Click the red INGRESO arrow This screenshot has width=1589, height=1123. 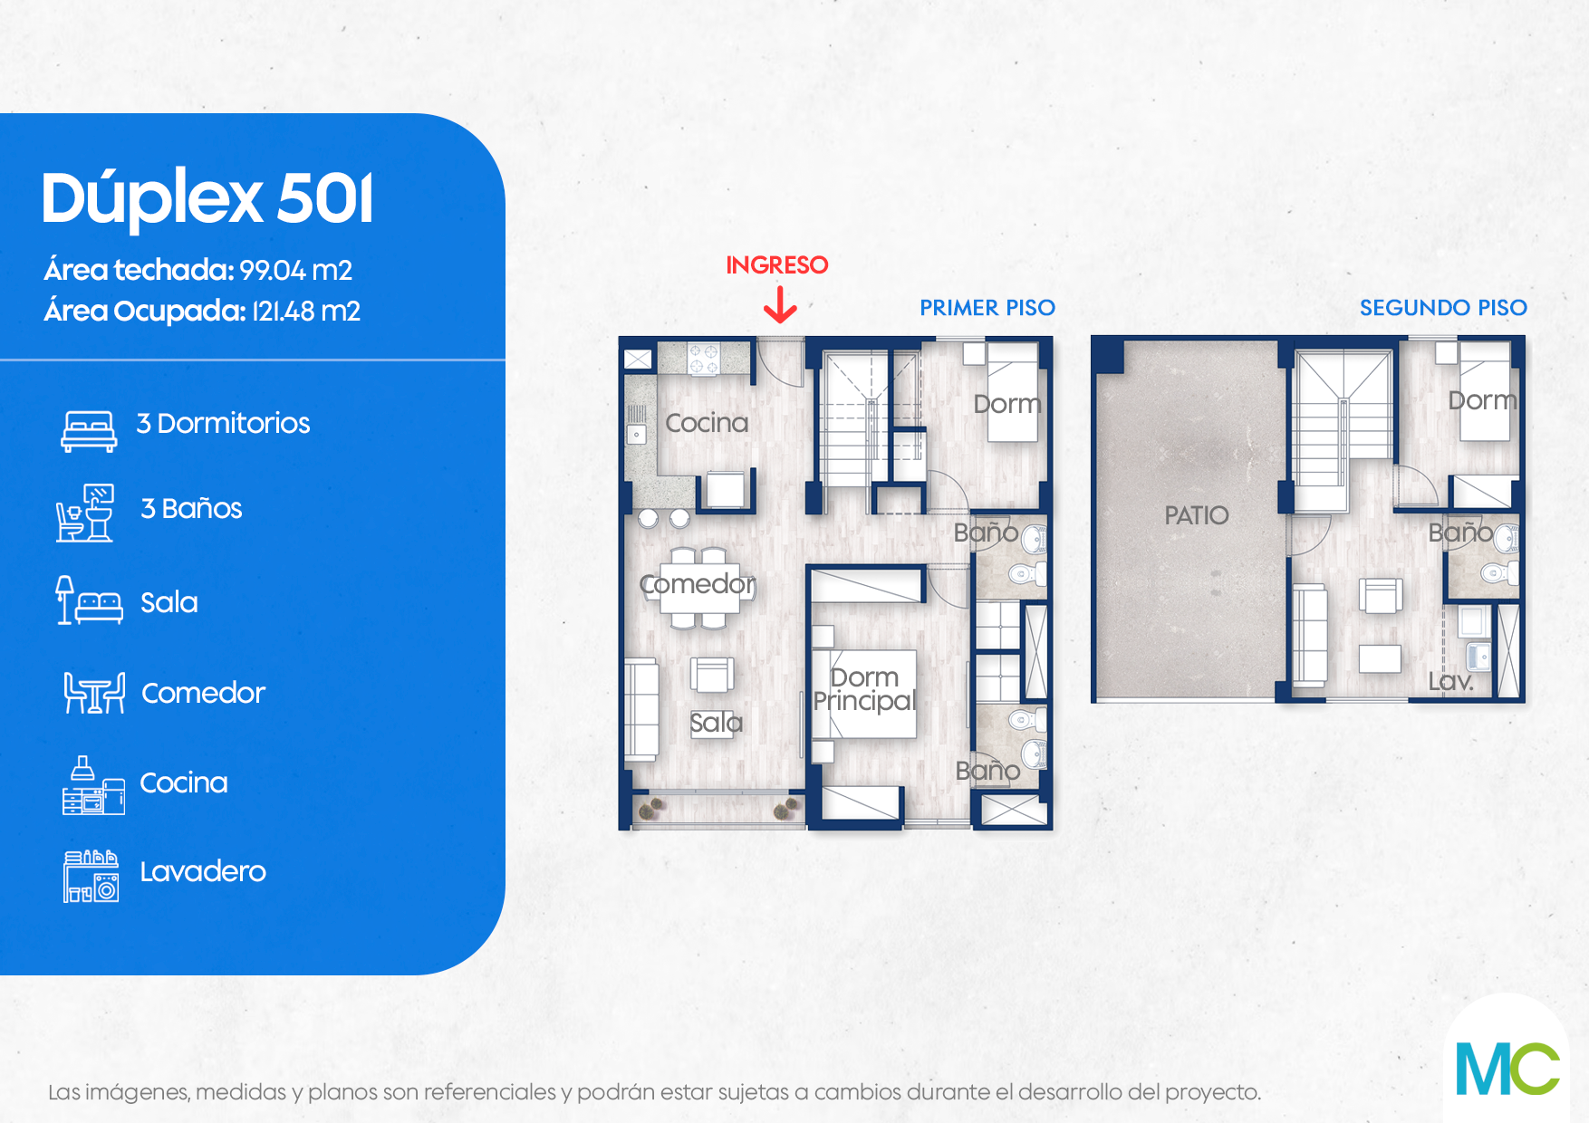(780, 304)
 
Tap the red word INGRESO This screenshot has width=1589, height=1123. (777, 265)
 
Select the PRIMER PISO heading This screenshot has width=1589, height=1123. (987, 308)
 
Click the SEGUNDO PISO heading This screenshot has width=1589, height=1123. (1443, 308)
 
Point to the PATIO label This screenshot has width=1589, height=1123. (1197, 515)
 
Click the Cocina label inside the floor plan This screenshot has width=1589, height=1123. (707, 423)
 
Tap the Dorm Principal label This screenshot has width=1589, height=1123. (864, 690)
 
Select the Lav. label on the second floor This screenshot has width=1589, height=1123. (1451, 681)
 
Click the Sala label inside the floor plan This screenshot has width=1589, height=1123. (717, 723)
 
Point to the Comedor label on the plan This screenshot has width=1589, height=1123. (698, 584)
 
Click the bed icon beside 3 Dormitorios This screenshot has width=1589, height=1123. (89, 431)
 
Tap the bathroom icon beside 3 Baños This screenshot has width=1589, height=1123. (85, 514)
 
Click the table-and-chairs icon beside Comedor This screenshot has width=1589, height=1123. (94, 693)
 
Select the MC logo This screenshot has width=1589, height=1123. (1507, 1069)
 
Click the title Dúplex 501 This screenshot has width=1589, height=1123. (207, 198)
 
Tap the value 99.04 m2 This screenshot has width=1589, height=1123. (296, 271)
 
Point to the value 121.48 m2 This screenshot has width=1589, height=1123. (306, 312)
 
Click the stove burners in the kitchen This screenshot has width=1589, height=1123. (704, 358)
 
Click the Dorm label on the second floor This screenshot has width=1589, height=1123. (1482, 400)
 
